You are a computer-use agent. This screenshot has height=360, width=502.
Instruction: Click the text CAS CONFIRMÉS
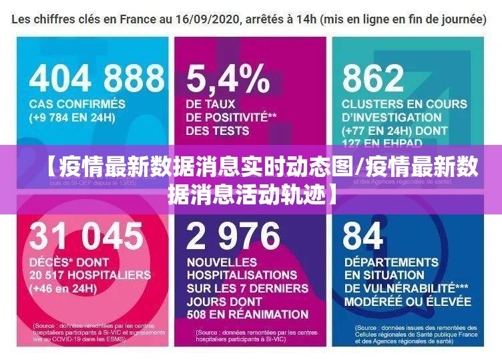coord(77,104)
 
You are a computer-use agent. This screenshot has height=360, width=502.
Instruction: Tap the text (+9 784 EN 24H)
coord(72,118)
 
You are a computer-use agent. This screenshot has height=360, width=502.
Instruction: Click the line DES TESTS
coord(218,131)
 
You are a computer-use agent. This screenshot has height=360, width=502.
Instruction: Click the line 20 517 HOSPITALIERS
coord(89,275)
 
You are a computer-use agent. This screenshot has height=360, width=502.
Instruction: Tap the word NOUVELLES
coord(222,262)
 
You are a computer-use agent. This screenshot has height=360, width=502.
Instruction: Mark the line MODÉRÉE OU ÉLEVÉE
coord(408,301)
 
